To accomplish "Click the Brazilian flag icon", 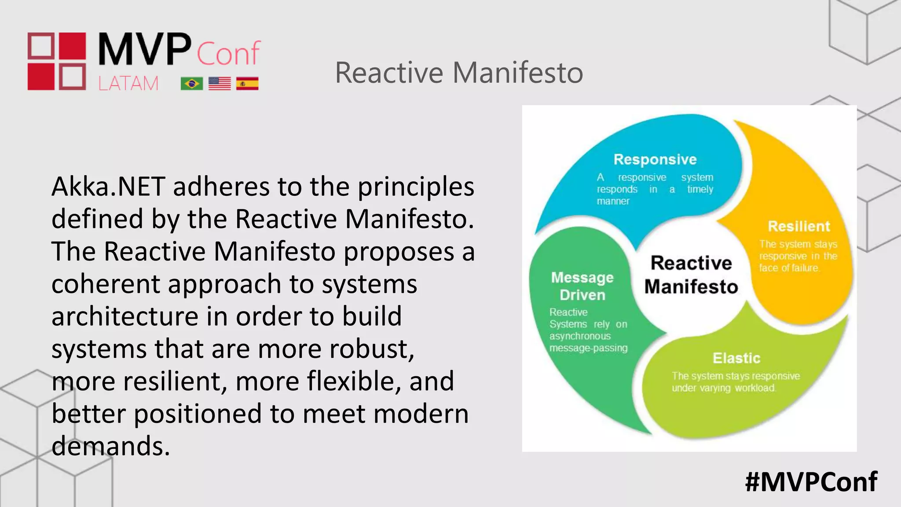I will tap(192, 84).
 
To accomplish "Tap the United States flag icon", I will tap(220, 84).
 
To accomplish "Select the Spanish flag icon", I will tap(247, 84).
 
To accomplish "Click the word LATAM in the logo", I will tap(128, 83).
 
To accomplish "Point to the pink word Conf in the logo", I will tap(228, 53).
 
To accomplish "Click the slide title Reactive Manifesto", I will tap(459, 73).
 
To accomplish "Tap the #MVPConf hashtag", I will tap(811, 481).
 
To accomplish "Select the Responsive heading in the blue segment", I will tap(655, 159).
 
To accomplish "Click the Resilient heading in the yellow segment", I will tap(798, 226).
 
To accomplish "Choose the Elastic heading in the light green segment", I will tap(736, 358).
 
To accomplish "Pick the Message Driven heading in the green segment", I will tap(582, 286).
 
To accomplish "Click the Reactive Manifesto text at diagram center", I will tap(691, 275).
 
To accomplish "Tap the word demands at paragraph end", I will tap(110, 446).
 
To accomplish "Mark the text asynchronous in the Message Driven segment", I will tap(580, 336).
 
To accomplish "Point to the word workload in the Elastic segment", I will tap(755, 388).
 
